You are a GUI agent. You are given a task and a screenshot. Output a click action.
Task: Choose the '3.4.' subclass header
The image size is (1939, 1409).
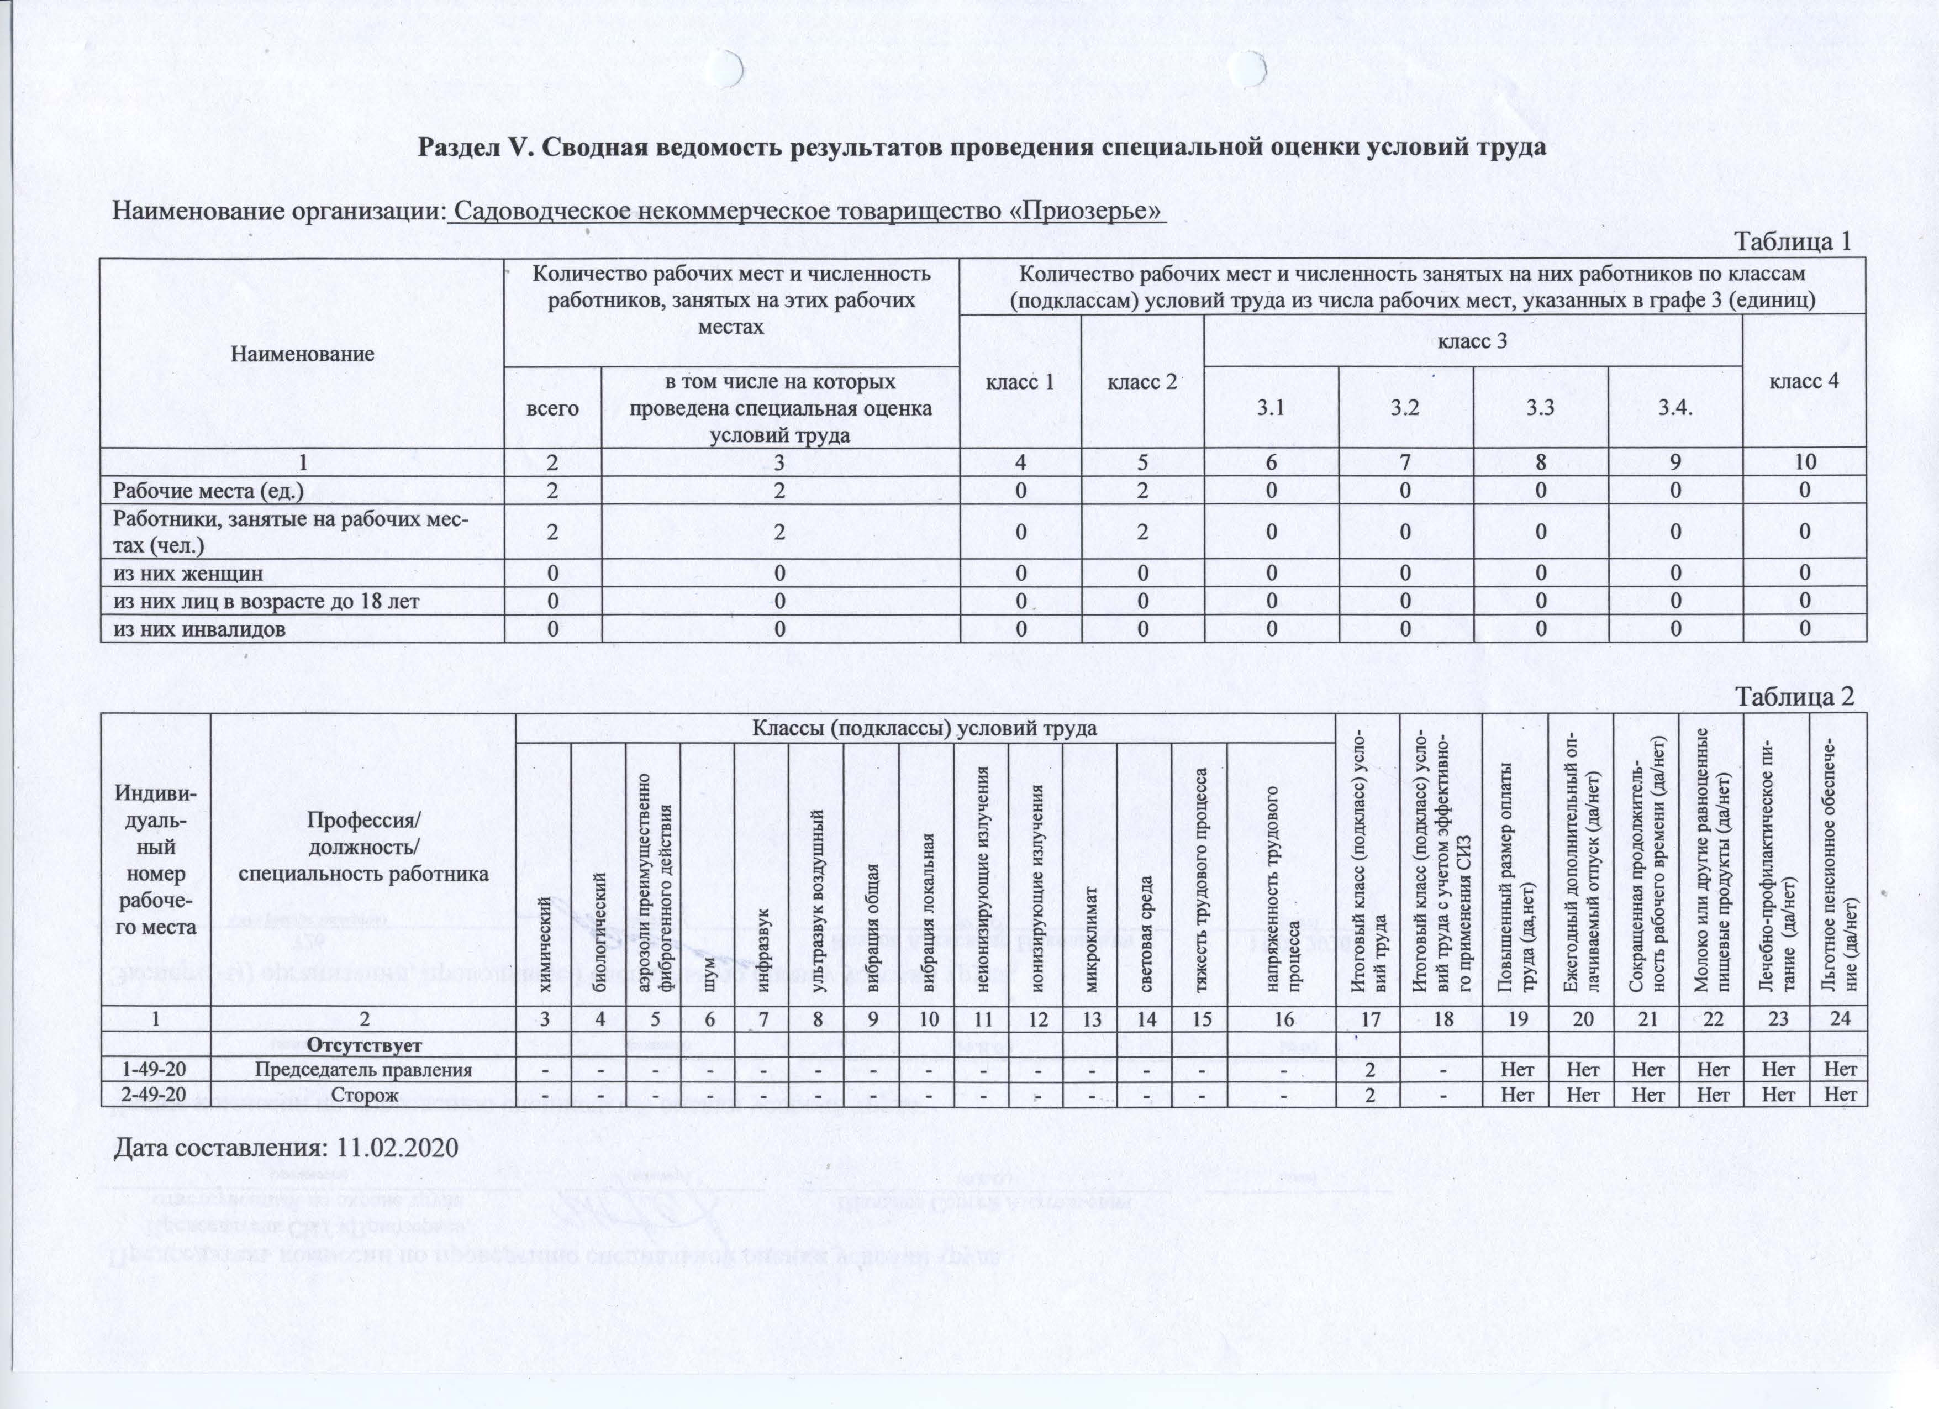(x=1675, y=407)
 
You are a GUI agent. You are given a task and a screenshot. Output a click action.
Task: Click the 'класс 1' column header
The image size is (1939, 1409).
(x=1020, y=381)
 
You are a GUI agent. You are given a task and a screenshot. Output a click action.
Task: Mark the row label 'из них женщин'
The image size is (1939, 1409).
(x=189, y=573)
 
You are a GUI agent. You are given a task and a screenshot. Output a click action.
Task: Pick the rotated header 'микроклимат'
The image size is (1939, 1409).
(x=1090, y=949)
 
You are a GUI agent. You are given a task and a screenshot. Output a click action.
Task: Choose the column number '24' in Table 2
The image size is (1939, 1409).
(x=1840, y=1018)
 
